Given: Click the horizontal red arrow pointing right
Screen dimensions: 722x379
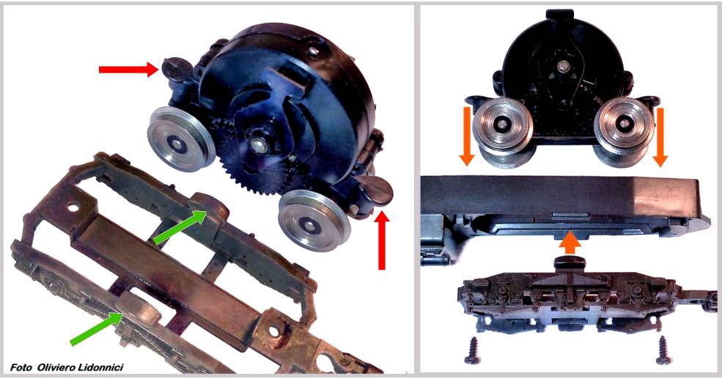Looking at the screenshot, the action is pos(129,70).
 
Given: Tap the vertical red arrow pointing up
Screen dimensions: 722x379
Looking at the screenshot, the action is pos(382,240).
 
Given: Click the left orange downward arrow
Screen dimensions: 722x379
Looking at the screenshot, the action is pos(467,136).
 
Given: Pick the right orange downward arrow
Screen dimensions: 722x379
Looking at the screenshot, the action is pos(660,137).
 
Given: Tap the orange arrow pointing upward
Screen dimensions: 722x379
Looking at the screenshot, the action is pos(570,242).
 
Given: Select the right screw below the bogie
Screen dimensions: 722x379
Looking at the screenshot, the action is pos(663,350).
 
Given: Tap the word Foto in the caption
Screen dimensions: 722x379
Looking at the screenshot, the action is pos(21,367).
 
